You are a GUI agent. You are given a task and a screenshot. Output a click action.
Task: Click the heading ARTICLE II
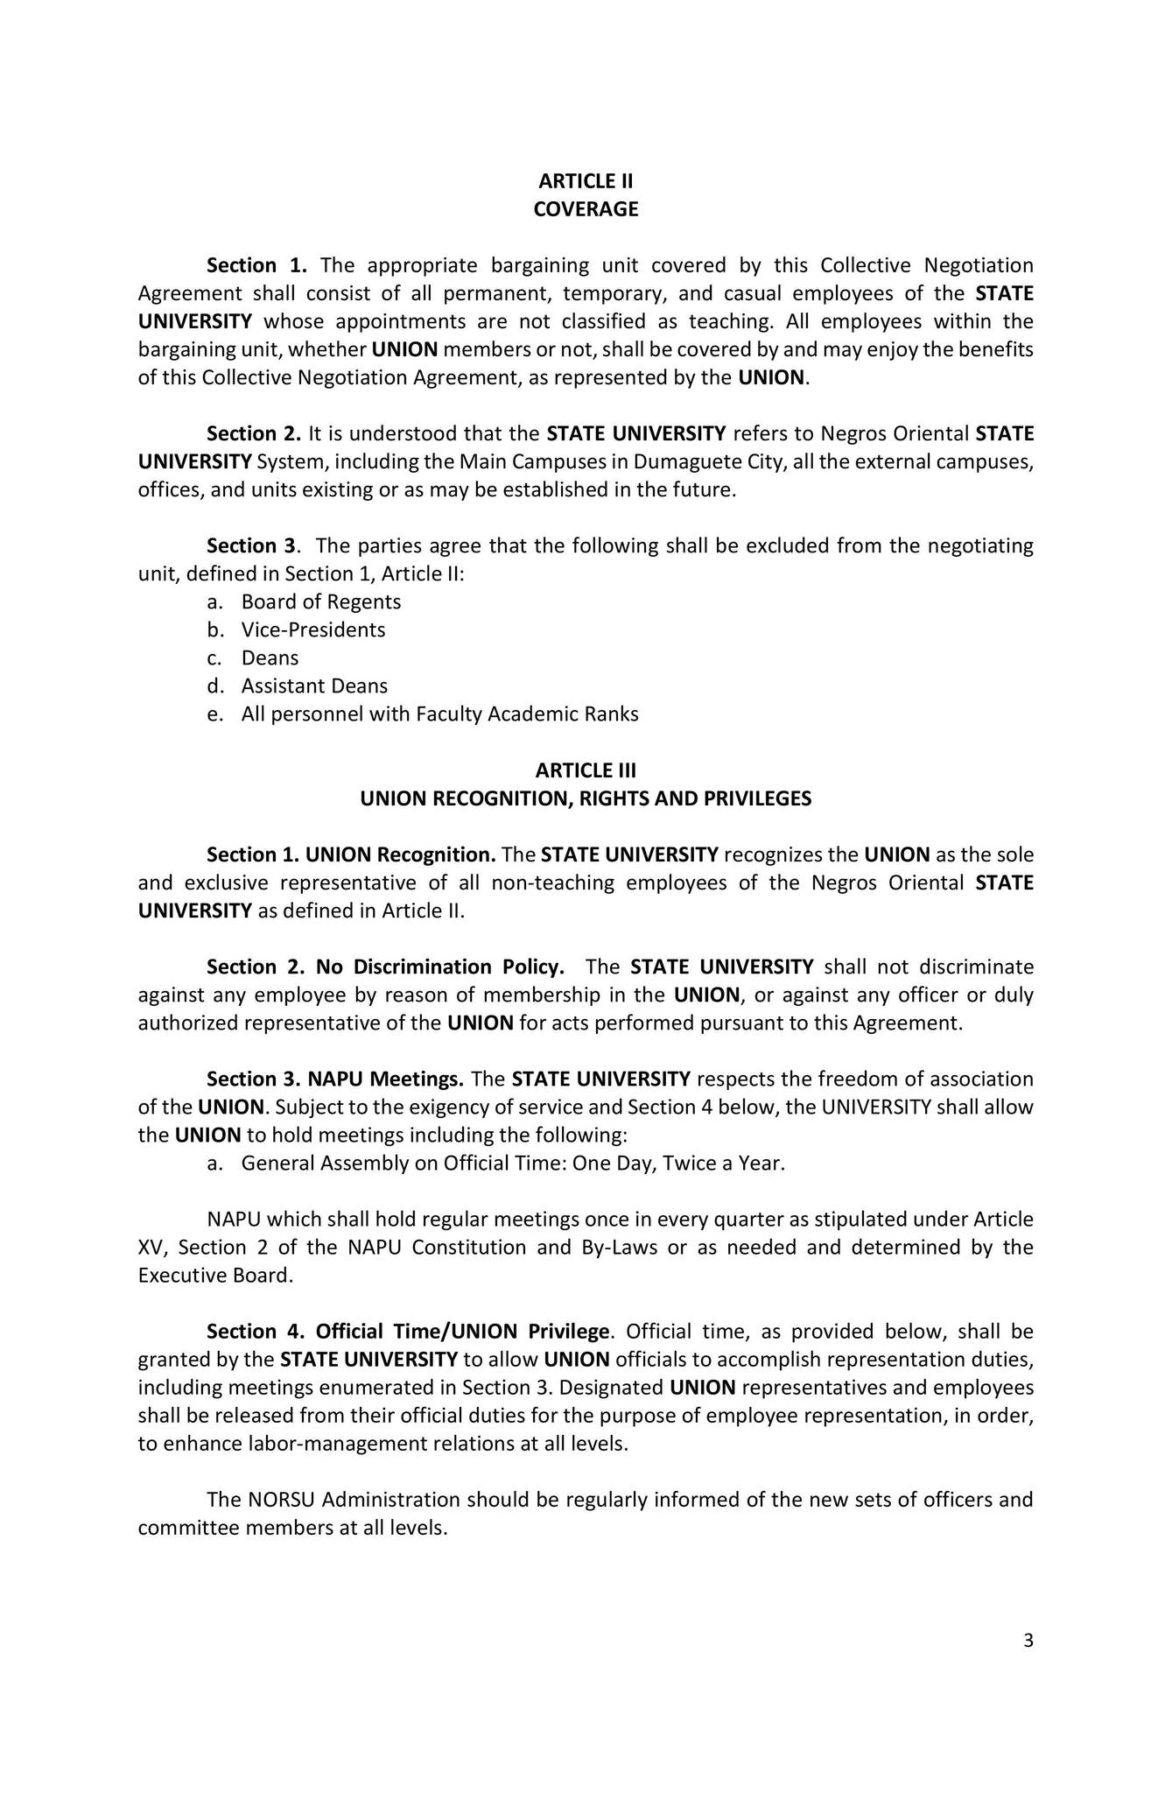tap(586, 181)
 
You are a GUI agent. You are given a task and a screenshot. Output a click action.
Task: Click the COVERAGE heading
tap(586, 209)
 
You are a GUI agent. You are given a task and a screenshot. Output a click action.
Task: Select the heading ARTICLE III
tap(586, 770)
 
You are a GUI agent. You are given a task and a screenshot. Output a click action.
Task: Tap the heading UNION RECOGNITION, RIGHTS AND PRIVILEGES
tap(586, 798)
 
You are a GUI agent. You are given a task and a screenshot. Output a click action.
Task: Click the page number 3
tap(1028, 1640)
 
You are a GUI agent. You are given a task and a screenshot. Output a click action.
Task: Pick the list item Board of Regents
tap(320, 601)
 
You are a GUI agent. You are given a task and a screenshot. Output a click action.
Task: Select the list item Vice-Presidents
tap(312, 629)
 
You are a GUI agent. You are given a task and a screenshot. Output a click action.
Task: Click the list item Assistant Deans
tap(314, 686)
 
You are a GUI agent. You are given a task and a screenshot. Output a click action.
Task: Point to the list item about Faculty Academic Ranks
tap(439, 714)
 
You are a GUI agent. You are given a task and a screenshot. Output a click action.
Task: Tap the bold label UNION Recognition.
tap(401, 854)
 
